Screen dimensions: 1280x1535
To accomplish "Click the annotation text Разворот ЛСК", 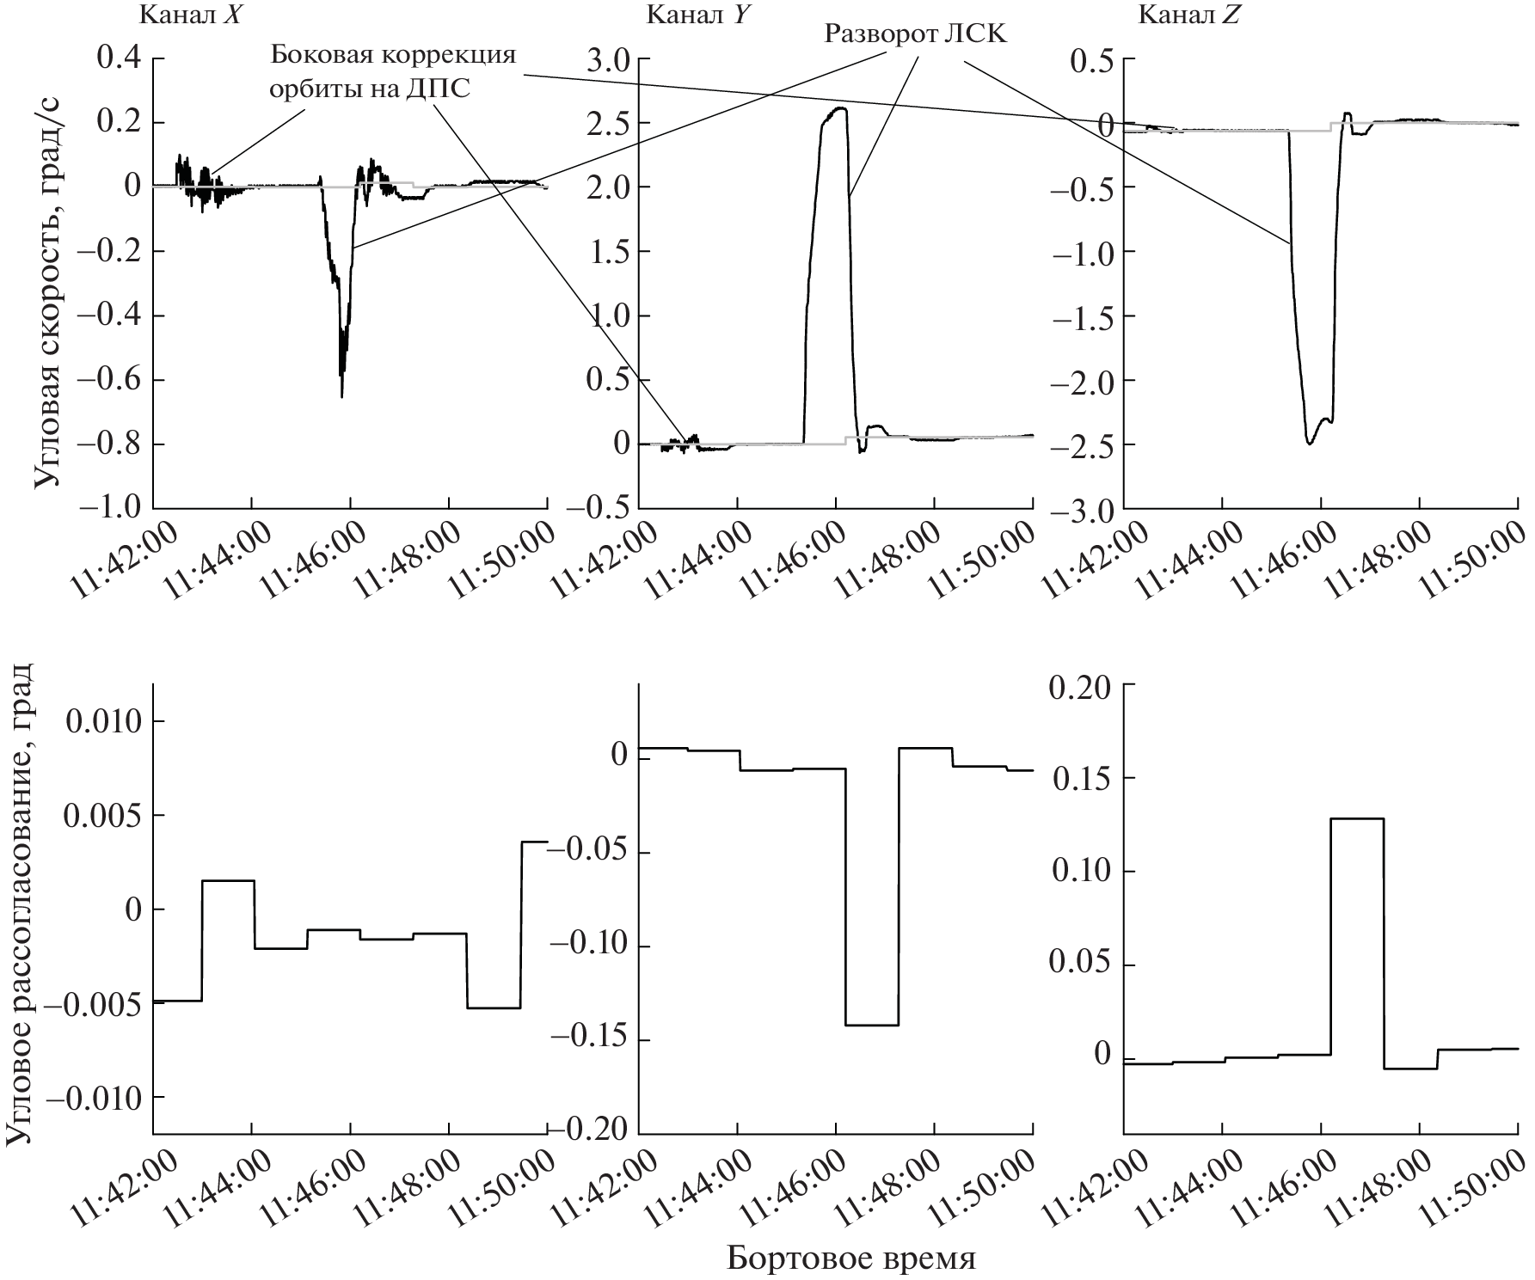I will [x=915, y=34].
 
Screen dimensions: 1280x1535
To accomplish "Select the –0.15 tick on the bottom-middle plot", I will [x=593, y=1041].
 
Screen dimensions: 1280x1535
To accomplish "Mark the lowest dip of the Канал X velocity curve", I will [x=342, y=395].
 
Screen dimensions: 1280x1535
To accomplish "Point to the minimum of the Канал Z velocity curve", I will [x=1310, y=443].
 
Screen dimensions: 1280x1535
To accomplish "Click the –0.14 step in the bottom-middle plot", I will [x=872, y=1025].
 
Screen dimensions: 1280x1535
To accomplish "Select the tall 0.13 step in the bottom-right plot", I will [x=1357, y=819].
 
